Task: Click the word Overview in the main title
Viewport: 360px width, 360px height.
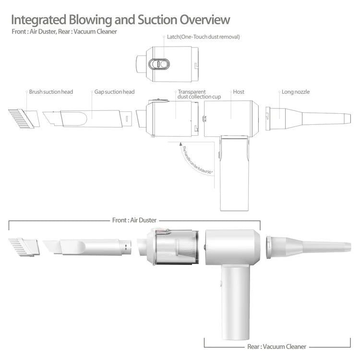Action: point(204,20)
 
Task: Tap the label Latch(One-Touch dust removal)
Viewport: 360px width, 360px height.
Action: point(203,37)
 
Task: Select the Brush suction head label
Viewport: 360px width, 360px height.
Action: point(51,92)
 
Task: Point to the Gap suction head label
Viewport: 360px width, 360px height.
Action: point(114,92)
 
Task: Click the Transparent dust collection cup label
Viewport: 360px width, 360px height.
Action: point(199,95)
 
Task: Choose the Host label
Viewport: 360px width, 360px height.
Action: point(239,92)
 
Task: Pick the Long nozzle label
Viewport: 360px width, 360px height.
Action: point(296,92)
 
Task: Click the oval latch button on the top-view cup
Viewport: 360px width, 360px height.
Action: point(159,64)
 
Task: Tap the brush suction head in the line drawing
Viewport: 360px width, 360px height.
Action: point(24,119)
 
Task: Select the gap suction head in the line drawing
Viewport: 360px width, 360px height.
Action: point(87,119)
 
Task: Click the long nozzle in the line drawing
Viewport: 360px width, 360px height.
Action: point(308,119)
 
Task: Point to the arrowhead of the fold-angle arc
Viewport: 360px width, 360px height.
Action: point(180,144)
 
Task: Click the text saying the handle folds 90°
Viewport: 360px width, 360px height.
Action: point(197,160)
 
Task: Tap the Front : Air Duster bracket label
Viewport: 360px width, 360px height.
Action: point(134,220)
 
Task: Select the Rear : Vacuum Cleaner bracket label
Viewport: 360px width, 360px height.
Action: point(276,347)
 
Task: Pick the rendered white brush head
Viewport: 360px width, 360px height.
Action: point(24,247)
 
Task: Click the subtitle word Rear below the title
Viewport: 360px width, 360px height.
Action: point(64,32)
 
